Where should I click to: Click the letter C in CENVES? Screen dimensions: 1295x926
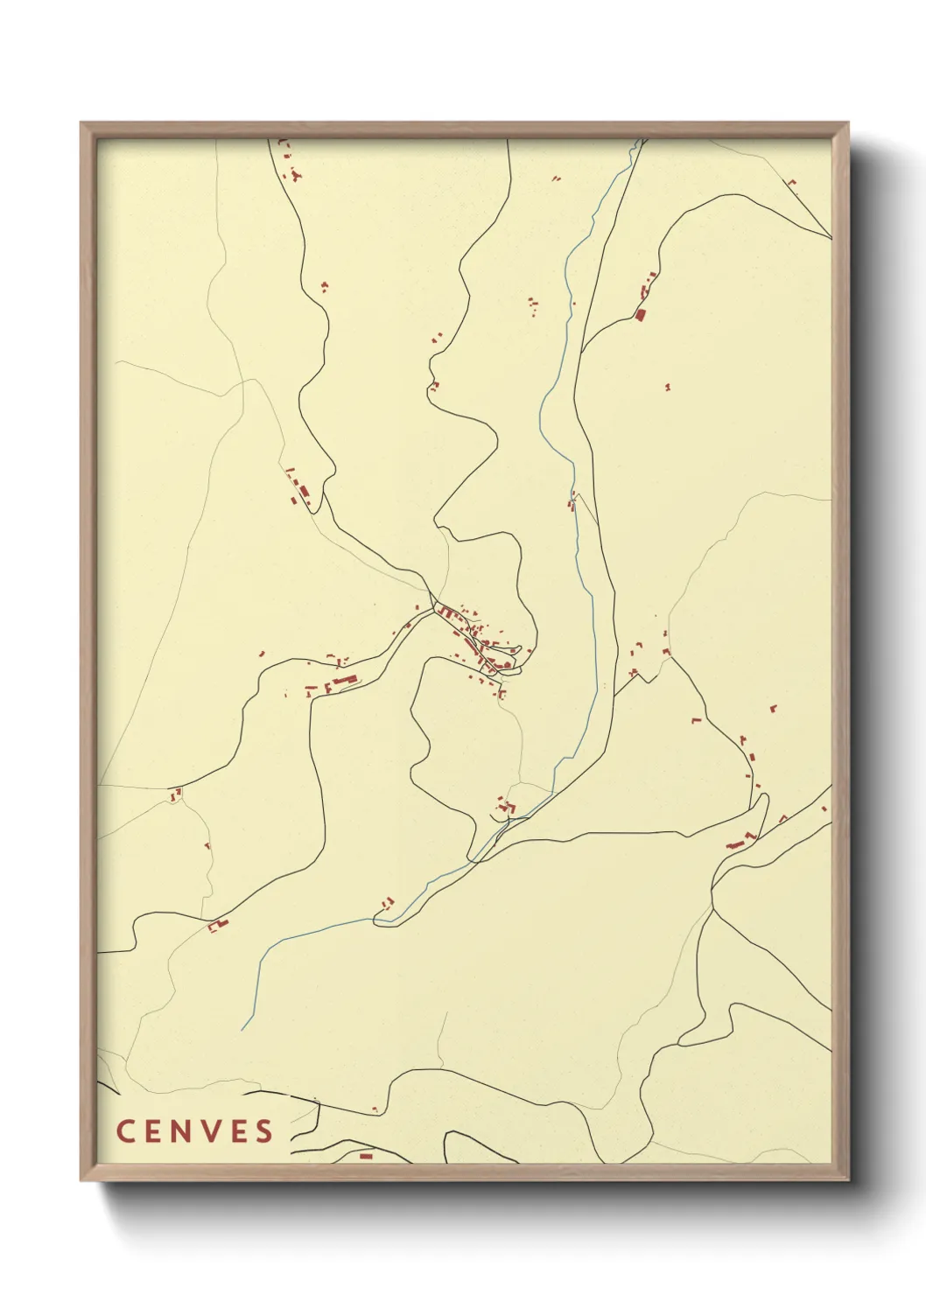tap(124, 1130)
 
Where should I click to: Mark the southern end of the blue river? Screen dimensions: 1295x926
tap(242, 1029)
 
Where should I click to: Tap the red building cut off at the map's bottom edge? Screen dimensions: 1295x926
tap(366, 1156)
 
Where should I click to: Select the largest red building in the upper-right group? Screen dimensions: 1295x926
tap(640, 313)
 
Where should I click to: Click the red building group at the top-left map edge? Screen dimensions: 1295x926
tap(289, 162)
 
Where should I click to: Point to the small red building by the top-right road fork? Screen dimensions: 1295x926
tap(793, 183)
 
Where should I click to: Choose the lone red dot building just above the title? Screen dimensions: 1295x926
tap(375, 1109)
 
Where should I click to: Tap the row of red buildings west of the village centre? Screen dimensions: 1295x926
tap(337, 682)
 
